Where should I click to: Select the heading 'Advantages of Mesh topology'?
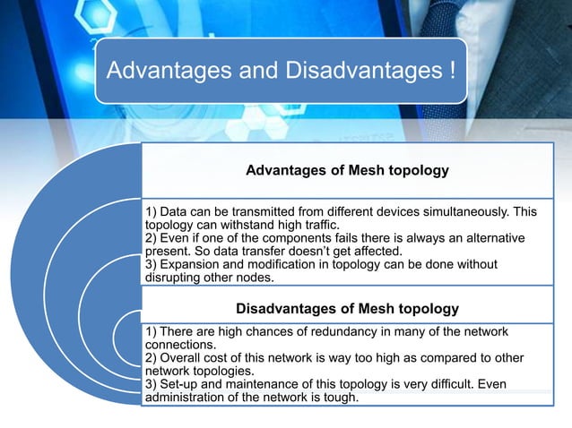pos(347,169)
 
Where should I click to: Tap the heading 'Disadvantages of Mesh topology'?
pos(347,309)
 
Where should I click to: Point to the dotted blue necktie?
pos(529,63)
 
